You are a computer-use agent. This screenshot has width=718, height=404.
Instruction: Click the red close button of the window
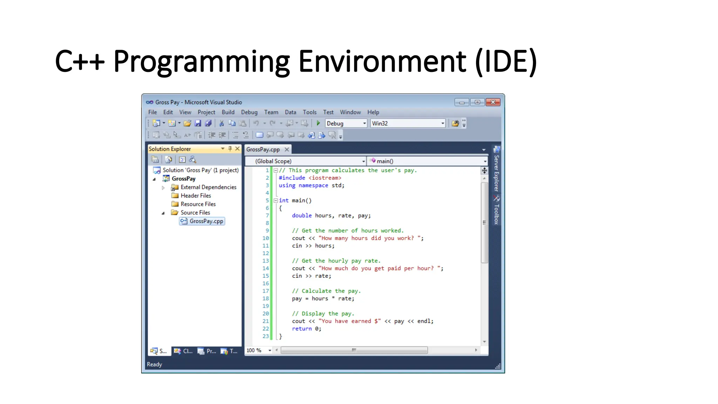point(493,102)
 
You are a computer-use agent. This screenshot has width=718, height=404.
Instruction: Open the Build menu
point(228,112)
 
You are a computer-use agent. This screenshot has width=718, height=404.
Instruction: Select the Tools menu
point(310,112)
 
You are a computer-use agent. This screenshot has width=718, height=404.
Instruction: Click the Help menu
point(373,112)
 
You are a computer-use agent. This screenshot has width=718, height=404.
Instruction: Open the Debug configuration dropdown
point(346,123)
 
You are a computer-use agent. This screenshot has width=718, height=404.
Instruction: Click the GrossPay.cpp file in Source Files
point(206,221)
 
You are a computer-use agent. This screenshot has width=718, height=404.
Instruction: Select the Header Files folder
point(196,196)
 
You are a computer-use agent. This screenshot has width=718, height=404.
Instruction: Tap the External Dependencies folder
point(208,187)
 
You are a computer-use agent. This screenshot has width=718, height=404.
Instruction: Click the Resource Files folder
point(198,204)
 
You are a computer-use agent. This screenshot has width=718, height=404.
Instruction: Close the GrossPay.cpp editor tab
point(287,149)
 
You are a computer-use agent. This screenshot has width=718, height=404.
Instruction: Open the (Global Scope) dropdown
point(305,161)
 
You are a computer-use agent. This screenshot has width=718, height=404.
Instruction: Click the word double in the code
point(302,216)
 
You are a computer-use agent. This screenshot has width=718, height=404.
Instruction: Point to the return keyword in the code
point(302,329)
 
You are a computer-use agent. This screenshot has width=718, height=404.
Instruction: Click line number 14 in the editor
point(265,269)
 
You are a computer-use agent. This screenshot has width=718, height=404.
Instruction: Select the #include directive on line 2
point(292,178)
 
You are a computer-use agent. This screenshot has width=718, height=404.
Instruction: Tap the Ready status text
point(154,364)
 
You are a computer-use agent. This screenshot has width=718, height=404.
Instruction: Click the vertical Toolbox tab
point(496,214)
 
